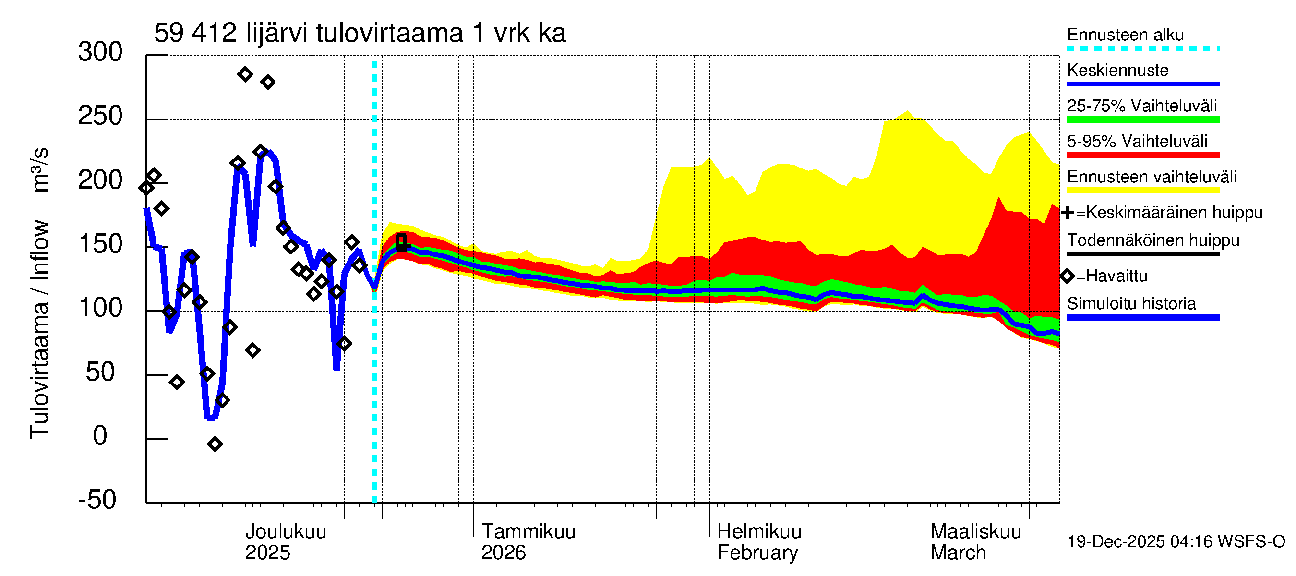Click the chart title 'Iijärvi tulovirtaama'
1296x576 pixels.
tap(359, 33)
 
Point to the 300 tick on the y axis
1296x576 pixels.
tap(100, 52)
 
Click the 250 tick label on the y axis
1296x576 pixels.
tap(100, 116)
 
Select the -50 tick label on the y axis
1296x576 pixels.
tap(97, 500)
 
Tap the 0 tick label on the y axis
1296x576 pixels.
tap(100, 436)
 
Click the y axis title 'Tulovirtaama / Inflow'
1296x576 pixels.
tap(39, 329)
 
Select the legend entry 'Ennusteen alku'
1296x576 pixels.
tap(1125, 35)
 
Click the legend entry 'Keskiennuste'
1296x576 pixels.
tap(1117, 71)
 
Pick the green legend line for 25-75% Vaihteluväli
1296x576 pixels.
tap(1142, 120)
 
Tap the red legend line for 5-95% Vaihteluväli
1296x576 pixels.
tap(1142, 155)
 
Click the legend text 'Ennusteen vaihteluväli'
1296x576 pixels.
tap(1152, 177)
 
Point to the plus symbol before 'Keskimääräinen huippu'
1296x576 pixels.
tap(1067, 213)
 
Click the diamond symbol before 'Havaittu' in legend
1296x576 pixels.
tap(1067, 276)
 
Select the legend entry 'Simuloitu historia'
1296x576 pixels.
tap(1131, 304)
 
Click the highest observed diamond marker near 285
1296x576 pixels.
tap(245, 74)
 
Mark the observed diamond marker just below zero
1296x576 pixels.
tap(215, 444)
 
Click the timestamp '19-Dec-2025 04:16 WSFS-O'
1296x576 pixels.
tap(1176, 542)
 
